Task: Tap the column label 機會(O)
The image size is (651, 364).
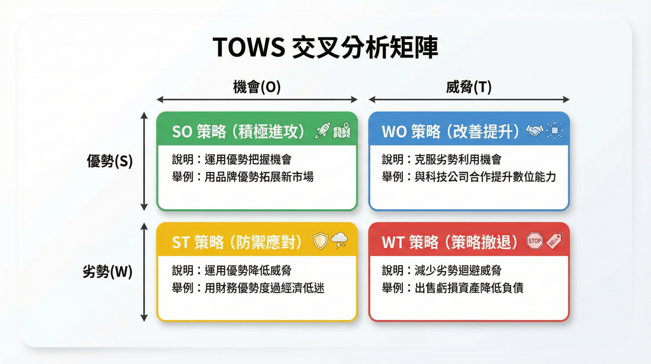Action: pyautogui.click(x=257, y=87)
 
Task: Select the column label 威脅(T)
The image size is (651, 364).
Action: pyautogui.click(x=469, y=87)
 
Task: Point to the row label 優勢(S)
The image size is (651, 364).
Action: pyautogui.click(x=110, y=161)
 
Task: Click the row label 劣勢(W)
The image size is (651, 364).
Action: pyautogui.click(x=108, y=272)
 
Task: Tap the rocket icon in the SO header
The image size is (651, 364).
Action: pyautogui.click(x=323, y=130)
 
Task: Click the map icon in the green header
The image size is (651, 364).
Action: pyautogui.click(x=342, y=131)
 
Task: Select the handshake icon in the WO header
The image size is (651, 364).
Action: pyautogui.click(x=535, y=130)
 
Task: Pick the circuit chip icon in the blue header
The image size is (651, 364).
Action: pyautogui.click(x=555, y=130)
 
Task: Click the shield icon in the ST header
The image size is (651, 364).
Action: pyautogui.click(x=320, y=241)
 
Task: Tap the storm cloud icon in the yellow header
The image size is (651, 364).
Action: pyautogui.click(x=339, y=240)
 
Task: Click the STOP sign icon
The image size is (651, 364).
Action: pyautogui.click(x=535, y=241)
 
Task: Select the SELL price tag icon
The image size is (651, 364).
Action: pyautogui.click(x=555, y=240)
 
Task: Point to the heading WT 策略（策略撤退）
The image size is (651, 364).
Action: pyautogui.click(x=450, y=242)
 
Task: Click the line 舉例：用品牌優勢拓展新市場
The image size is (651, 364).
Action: pyautogui.click(x=243, y=177)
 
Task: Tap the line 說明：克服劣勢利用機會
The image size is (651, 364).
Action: pyautogui.click(x=441, y=160)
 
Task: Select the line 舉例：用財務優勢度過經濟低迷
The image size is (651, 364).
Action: pyautogui.click(x=248, y=288)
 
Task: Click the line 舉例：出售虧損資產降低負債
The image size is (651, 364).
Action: pyautogui.click(x=453, y=288)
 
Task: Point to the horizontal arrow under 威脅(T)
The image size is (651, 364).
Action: pyautogui.click(x=469, y=100)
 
